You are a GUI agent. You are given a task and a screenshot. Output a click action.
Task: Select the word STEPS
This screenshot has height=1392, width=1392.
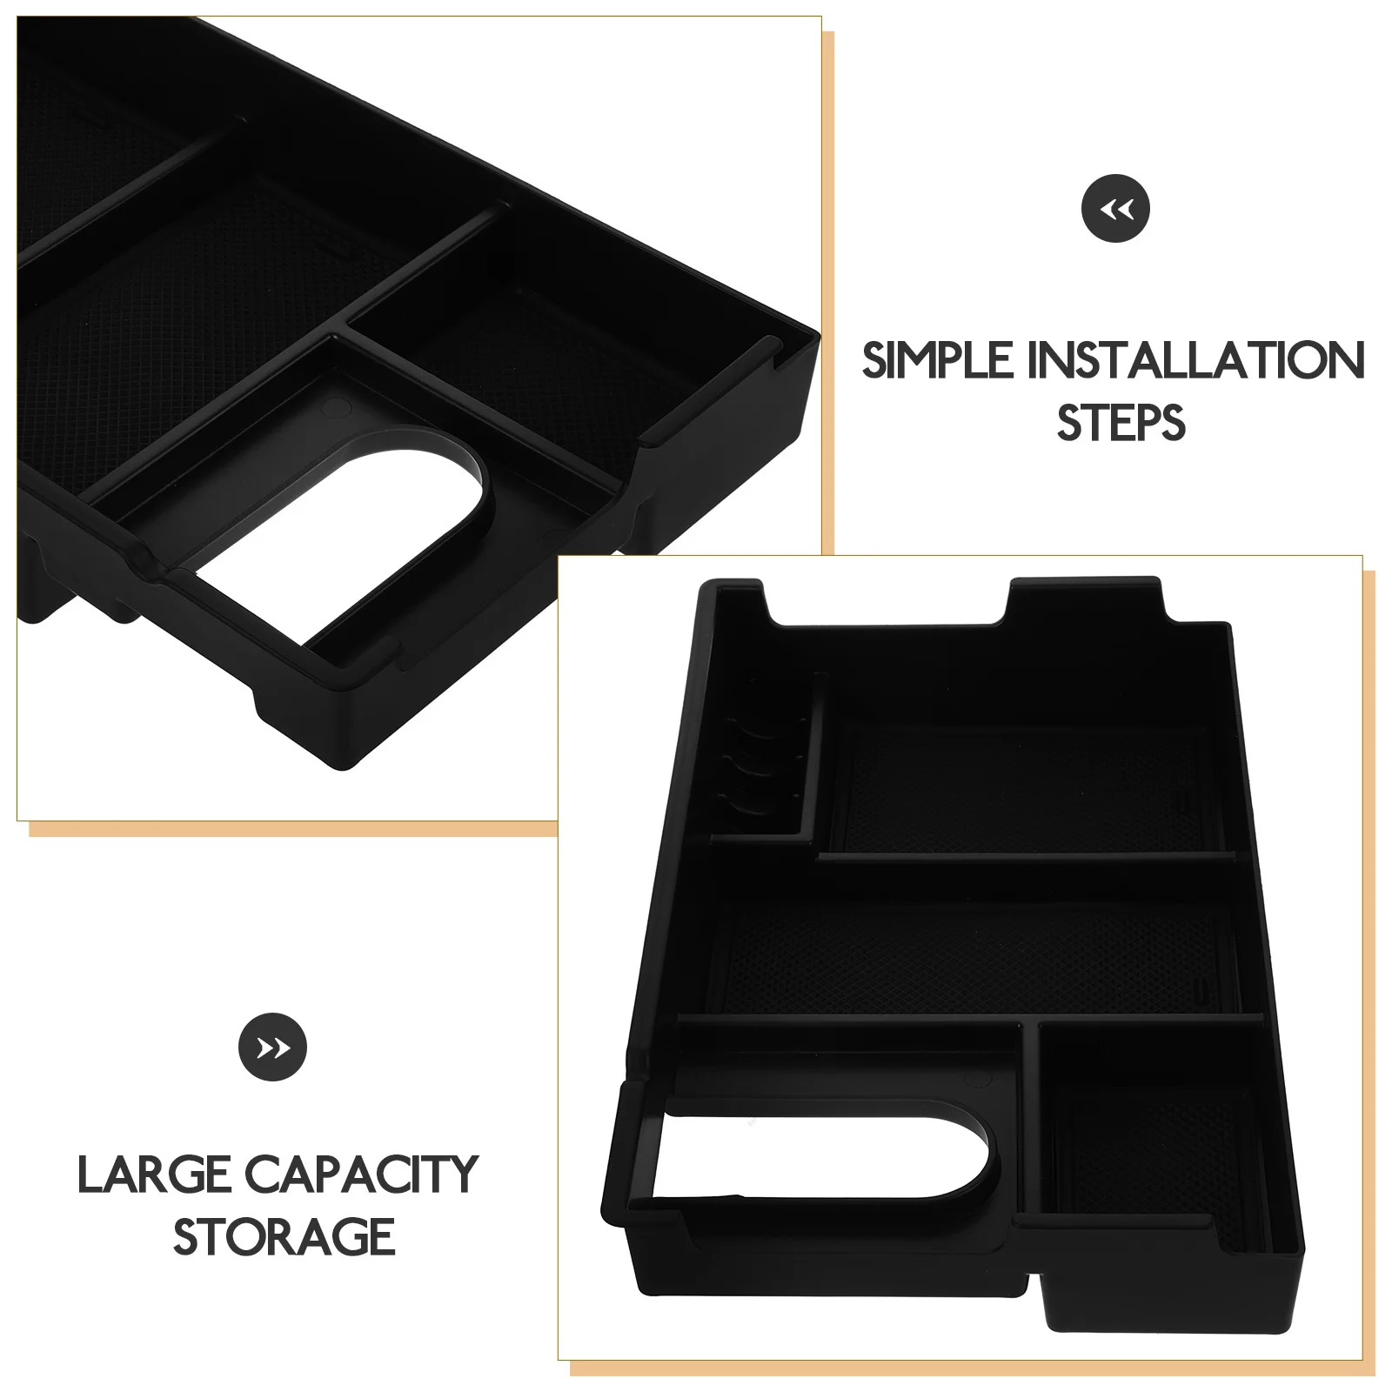(1121, 423)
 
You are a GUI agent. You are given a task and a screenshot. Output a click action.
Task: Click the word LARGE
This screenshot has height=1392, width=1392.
(154, 1174)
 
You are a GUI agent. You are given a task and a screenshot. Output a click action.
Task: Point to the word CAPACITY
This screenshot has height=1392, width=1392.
(362, 1174)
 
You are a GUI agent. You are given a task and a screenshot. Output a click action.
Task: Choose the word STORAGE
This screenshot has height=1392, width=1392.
(284, 1236)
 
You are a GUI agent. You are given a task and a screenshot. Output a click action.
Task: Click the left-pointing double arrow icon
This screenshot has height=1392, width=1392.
(1116, 209)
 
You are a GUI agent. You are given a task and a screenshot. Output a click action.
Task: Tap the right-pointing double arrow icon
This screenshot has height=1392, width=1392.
(272, 1047)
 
